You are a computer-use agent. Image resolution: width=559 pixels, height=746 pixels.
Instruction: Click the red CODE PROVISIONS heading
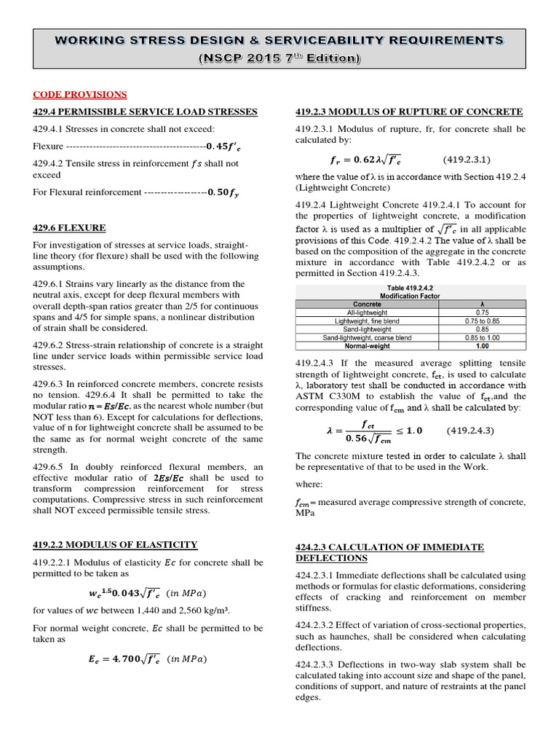pyautogui.click(x=80, y=95)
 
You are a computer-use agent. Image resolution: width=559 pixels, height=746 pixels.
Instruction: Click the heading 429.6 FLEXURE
pyautogui.click(x=69, y=228)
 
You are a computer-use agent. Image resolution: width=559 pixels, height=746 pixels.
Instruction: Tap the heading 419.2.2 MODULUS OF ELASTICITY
pyautogui.click(x=115, y=544)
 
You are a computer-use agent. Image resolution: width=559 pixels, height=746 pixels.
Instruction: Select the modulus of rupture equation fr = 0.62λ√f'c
pyautogui.click(x=360, y=159)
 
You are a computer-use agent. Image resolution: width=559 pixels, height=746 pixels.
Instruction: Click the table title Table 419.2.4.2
pyautogui.click(x=408, y=288)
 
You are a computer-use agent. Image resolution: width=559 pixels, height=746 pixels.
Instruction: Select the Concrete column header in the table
pyautogui.click(x=367, y=304)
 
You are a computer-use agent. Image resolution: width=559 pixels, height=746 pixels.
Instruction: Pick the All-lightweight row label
pyautogui.click(x=367, y=312)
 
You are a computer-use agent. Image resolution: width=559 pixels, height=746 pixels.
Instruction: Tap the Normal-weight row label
pyautogui.click(x=367, y=346)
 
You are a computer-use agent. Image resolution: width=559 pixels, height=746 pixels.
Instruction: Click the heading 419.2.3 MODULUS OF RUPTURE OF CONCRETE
pyautogui.click(x=408, y=111)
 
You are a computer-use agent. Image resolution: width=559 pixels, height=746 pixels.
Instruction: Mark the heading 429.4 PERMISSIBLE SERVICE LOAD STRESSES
pyautogui.click(x=145, y=111)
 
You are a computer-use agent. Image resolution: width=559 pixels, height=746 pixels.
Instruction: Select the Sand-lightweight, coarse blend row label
pyautogui.click(x=367, y=338)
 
